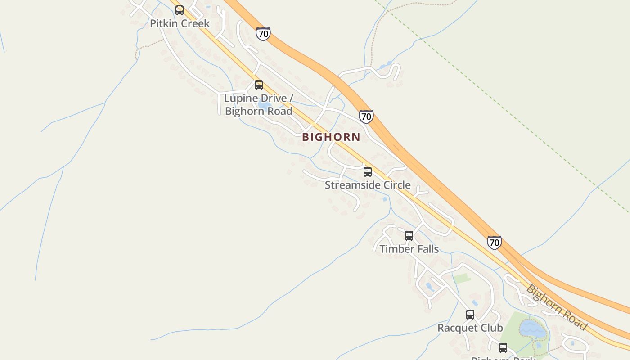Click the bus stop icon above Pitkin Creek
(180, 10)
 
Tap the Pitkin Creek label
(180, 23)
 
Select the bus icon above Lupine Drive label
(259, 85)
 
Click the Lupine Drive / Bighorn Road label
(258, 104)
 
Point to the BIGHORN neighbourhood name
(331, 137)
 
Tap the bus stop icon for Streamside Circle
(368, 172)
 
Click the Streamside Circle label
(368, 185)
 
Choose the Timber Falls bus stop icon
(409, 236)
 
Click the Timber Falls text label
(409, 249)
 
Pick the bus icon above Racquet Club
(470, 315)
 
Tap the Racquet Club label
(470, 328)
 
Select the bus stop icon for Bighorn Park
(503, 347)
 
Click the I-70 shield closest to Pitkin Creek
(263, 34)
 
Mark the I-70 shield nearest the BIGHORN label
(366, 117)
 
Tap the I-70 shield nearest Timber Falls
(495, 243)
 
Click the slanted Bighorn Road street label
(557, 307)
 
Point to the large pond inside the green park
(533, 329)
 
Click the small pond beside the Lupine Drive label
(265, 105)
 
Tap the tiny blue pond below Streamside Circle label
(385, 199)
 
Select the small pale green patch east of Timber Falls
(462, 278)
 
